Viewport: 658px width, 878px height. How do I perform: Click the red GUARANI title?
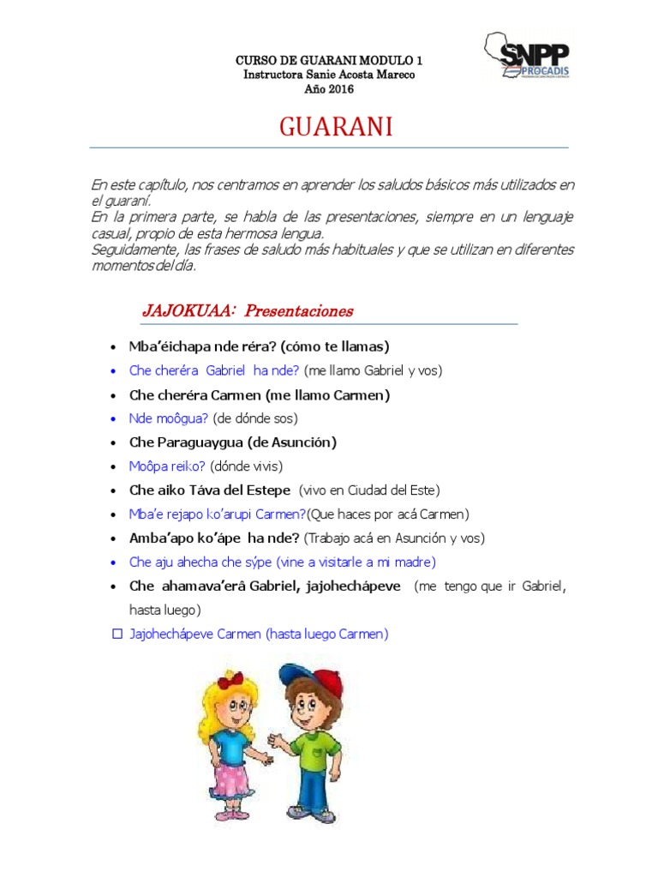pos(336,128)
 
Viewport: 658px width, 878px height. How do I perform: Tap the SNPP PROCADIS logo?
pos(526,56)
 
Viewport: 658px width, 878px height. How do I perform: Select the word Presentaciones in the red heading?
pos(299,311)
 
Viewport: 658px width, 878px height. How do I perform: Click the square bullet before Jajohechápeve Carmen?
pos(117,634)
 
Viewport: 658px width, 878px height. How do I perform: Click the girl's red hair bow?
pos(231,683)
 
